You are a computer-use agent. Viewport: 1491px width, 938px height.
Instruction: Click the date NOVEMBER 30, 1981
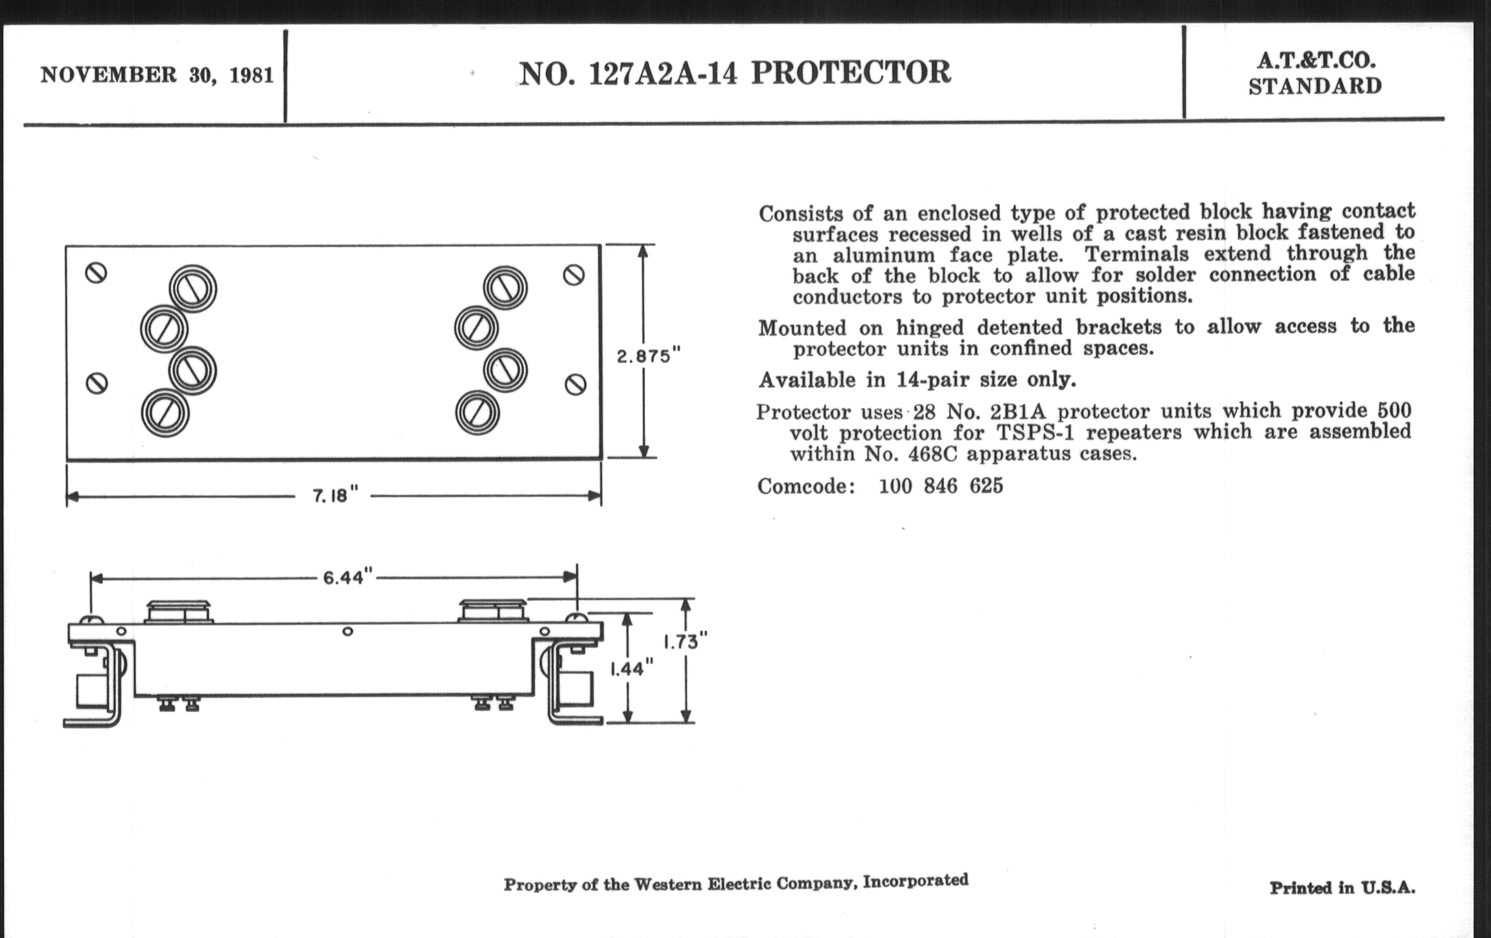click(x=157, y=75)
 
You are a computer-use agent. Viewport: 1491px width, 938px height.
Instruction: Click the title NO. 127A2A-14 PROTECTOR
click(x=734, y=73)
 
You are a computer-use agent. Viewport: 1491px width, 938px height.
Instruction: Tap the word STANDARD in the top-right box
click(x=1315, y=86)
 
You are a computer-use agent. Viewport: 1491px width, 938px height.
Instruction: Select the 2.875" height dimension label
click(x=648, y=356)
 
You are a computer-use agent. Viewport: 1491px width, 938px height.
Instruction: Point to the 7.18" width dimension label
click(x=335, y=495)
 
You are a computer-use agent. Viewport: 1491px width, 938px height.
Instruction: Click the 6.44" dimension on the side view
click(x=348, y=578)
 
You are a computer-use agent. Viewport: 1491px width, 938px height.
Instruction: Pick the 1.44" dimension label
click(x=631, y=669)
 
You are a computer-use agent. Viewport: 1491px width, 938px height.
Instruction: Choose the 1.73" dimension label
click(x=685, y=641)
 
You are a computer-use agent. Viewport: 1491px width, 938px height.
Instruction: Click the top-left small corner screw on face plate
click(x=96, y=272)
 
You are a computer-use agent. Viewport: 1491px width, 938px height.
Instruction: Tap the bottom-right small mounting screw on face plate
click(x=575, y=385)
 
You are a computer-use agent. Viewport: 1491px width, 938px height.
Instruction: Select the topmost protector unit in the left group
click(x=193, y=289)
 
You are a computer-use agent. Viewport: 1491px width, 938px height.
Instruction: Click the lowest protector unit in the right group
click(x=477, y=413)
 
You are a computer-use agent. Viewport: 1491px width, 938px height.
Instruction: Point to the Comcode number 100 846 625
click(x=940, y=486)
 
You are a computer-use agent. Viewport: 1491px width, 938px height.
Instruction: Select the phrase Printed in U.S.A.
click(x=1343, y=888)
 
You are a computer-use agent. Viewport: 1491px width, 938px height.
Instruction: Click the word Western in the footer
click(x=668, y=884)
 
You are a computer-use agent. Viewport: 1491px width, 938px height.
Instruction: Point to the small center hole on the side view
click(x=348, y=631)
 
